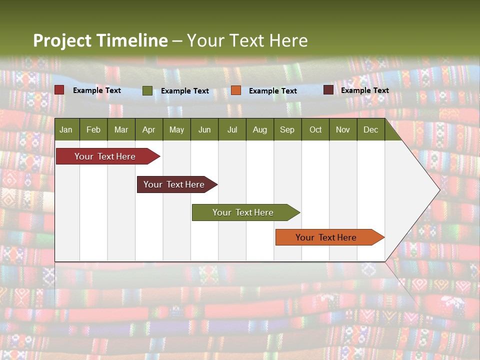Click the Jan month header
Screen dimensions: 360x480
(x=66, y=129)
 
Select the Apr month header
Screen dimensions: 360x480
(x=149, y=129)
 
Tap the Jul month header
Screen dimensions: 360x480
(x=232, y=129)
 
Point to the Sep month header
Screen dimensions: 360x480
(x=287, y=129)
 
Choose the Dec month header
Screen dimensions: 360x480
(x=370, y=129)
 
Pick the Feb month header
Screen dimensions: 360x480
(x=93, y=129)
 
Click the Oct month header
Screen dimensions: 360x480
(x=315, y=129)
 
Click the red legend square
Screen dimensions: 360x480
(x=59, y=90)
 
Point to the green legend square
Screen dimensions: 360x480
(x=147, y=90)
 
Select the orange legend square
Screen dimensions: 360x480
(x=236, y=90)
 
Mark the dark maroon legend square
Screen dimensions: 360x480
(x=328, y=90)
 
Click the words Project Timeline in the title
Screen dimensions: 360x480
(x=100, y=40)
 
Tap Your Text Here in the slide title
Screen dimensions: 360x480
(x=247, y=40)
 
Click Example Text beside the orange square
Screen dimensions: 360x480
(x=273, y=91)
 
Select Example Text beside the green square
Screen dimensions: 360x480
(x=185, y=91)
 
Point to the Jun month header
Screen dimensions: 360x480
(x=204, y=129)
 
